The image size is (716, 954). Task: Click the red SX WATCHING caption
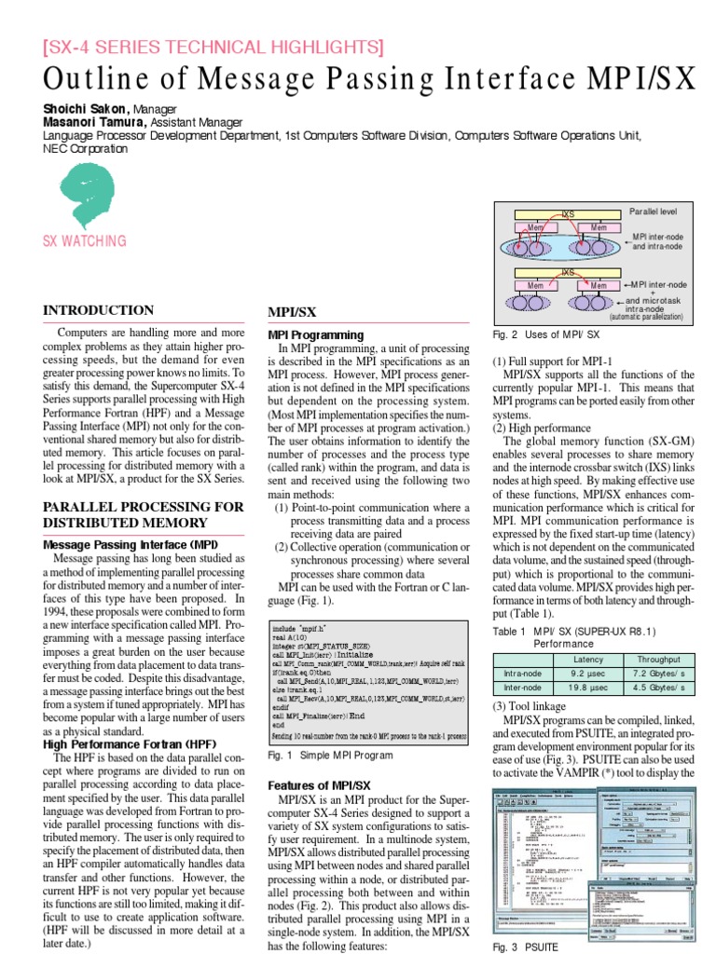pyautogui.click(x=85, y=242)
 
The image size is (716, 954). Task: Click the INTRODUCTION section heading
pyautogui.click(x=99, y=310)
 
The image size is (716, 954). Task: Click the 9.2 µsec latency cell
pyautogui.click(x=588, y=671)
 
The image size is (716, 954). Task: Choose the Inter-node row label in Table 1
pyautogui.click(x=523, y=688)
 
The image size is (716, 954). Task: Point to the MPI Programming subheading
pyautogui.click(x=316, y=334)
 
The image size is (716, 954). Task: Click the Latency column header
pyautogui.click(x=588, y=658)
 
